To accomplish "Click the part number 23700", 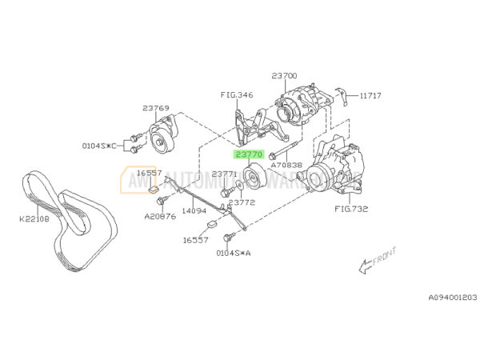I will pyautogui.click(x=285, y=76).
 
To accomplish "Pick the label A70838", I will pyautogui.click(x=286, y=165).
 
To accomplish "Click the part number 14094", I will pyautogui.click(x=194, y=211).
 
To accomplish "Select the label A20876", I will pyautogui.click(x=158, y=214).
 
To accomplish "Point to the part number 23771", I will pyautogui.click(x=225, y=173).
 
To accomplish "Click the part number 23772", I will pyautogui.click(x=242, y=202).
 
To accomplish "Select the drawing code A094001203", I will pyautogui.click(x=452, y=297).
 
